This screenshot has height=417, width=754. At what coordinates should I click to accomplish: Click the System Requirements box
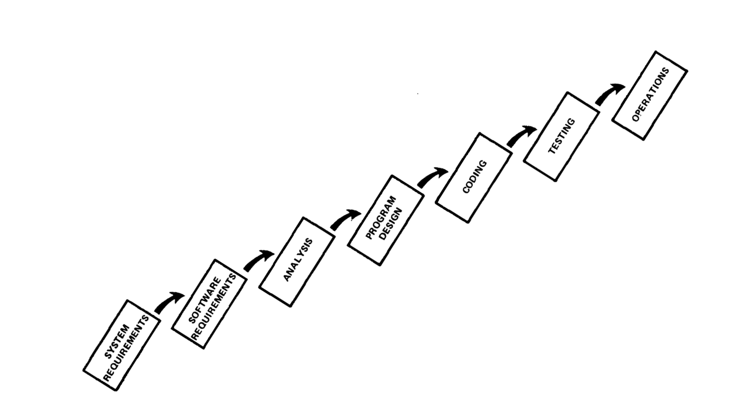tap(122, 346)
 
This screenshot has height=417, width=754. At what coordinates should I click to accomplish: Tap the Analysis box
tap(297, 262)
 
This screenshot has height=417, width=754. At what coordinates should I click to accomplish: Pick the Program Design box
tap(386, 220)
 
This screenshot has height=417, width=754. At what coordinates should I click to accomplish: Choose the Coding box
tap(474, 178)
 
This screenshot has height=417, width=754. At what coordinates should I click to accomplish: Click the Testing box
tap(562, 137)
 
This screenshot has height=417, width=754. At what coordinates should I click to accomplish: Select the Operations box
tap(650, 96)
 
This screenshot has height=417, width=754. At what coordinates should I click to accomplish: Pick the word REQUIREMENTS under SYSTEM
tap(126, 348)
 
